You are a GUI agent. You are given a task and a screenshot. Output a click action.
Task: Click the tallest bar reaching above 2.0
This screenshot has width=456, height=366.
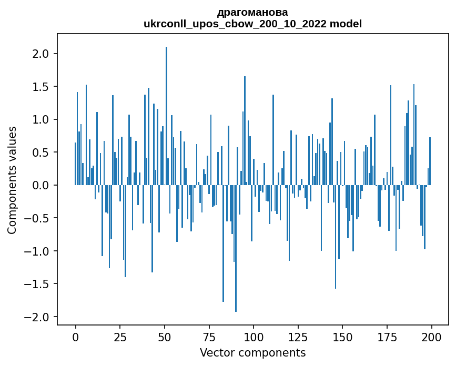(x=166, y=116)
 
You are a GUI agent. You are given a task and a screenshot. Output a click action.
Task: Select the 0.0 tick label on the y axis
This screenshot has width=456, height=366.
(x=42, y=186)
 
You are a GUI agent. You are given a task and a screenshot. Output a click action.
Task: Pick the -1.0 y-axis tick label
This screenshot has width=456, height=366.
(x=39, y=251)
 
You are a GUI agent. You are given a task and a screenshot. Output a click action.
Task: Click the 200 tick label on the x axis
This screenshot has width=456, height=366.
(x=432, y=337)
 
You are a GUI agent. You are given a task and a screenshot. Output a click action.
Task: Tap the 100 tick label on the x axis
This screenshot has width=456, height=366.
(x=254, y=337)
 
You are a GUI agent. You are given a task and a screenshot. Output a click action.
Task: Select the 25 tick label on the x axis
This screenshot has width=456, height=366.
(x=120, y=337)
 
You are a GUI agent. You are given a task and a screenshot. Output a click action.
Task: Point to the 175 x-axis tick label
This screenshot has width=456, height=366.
(x=387, y=337)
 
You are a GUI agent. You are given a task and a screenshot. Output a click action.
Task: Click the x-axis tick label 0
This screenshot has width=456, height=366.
(x=76, y=337)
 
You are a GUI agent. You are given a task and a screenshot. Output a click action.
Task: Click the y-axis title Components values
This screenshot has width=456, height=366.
(x=12, y=180)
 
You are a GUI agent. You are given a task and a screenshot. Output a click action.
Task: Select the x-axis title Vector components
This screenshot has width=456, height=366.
(x=252, y=352)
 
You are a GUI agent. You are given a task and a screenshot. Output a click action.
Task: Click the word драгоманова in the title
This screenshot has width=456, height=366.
(x=252, y=12)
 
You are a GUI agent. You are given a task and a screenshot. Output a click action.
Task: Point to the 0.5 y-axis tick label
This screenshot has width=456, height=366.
(x=42, y=152)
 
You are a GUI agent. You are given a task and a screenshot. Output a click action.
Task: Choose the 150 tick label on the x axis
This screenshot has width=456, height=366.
(x=342, y=337)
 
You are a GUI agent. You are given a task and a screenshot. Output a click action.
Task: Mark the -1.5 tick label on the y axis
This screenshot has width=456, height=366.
(x=39, y=284)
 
